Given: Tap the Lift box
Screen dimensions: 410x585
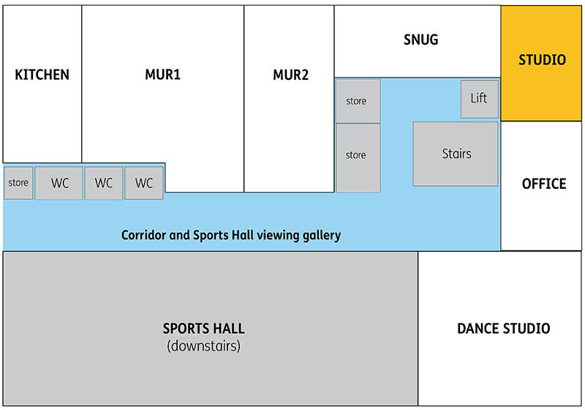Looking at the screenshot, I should (479, 98).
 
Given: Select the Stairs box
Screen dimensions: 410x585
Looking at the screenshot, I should (456, 154).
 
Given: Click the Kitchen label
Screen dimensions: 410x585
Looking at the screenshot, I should (42, 75).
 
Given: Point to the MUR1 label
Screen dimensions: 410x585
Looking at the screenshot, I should (162, 75).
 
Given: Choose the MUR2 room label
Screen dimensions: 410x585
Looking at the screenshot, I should (290, 75).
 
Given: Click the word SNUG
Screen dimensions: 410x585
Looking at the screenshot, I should (420, 40).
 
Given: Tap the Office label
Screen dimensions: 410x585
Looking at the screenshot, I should (543, 184).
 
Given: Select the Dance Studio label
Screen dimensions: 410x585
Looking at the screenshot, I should (503, 329).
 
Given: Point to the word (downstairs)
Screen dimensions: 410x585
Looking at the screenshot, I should (203, 346).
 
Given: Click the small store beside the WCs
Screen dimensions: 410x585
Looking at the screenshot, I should (18, 183).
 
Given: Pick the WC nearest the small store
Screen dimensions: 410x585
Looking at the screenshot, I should (59, 184).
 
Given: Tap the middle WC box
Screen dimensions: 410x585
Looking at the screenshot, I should (104, 184).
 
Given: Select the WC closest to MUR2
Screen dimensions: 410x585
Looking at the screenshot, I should (144, 184).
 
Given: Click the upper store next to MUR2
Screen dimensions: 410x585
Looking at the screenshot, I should (356, 101).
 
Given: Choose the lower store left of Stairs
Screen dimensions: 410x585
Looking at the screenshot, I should (356, 155).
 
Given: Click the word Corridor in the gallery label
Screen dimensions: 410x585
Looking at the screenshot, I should (143, 236).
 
